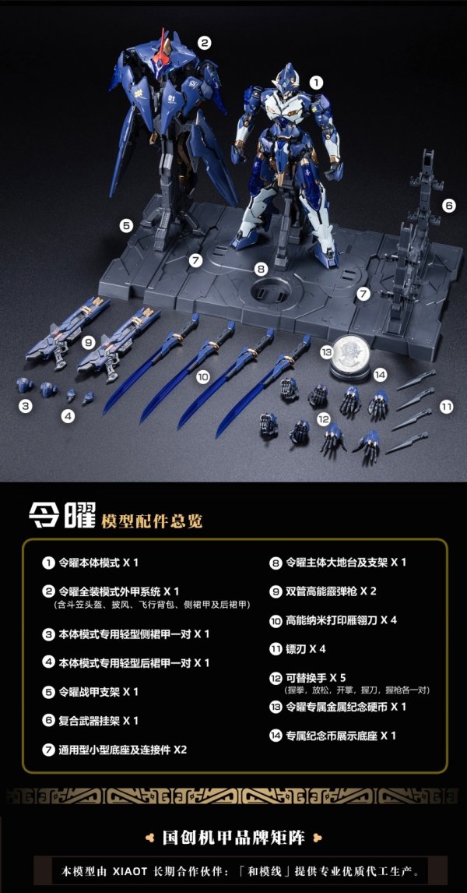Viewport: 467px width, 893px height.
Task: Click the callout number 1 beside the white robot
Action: point(315,81)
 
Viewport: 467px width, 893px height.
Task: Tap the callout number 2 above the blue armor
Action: point(204,43)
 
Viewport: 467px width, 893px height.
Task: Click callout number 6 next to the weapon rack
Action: point(449,206)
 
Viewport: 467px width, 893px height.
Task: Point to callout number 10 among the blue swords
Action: point(202,376)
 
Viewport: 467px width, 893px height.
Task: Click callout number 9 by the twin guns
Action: point(88,341)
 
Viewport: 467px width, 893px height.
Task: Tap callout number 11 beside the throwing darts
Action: point(445,407)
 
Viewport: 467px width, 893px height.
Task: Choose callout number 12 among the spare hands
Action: point(323,420)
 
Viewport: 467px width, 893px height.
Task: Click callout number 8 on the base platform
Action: point(261,269)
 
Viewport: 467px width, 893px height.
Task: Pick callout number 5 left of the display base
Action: point(126,225)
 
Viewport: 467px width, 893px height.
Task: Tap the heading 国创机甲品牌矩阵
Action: point(233,838)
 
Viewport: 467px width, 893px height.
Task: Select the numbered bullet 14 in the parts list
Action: point(276,736)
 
